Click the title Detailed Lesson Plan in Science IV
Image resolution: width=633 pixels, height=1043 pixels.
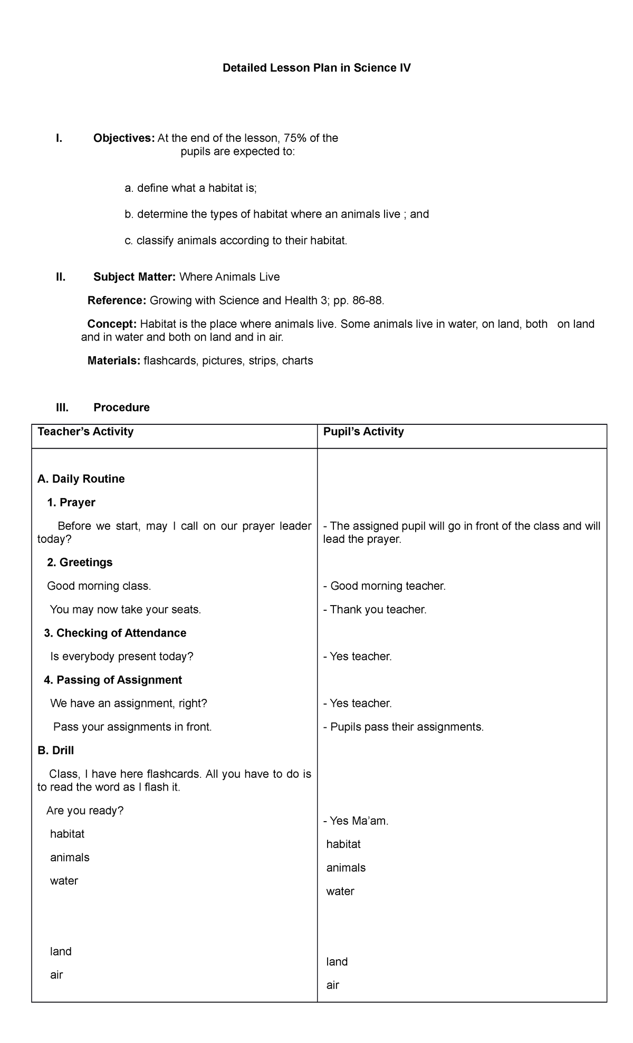pos(316,68)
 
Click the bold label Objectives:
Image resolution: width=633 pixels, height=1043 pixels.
pos(124,138)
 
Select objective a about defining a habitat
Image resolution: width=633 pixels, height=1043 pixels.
pos(190,188)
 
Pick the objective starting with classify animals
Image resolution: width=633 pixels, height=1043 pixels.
pos(236,241)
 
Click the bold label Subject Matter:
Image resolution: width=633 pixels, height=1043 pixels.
pos(135,277)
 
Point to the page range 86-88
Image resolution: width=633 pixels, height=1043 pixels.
pos(364,301)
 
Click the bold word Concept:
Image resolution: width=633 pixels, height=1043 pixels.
pos(112,324)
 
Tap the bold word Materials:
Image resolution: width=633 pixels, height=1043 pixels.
pos(114,361)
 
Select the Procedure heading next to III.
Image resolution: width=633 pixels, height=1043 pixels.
pos(121,407)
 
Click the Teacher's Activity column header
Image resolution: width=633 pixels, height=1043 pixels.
pos(85,432)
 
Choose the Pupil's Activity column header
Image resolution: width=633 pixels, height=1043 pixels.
pos(363,432)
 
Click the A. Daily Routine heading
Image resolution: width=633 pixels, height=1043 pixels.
pos(81,479)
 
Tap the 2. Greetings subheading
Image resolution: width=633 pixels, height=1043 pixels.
pos(80,562)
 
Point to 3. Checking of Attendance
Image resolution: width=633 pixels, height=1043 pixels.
pos(115,633)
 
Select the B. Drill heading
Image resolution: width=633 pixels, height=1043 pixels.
pos(56,750)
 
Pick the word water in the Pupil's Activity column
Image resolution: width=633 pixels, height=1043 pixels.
pos(340,892)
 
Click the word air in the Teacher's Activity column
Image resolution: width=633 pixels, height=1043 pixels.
pos(56,975)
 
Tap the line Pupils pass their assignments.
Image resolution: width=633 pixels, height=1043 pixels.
pos(404,727)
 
